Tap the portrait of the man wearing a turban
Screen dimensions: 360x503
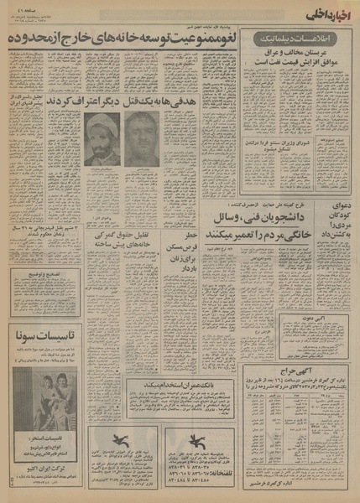[x=102, y=139]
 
